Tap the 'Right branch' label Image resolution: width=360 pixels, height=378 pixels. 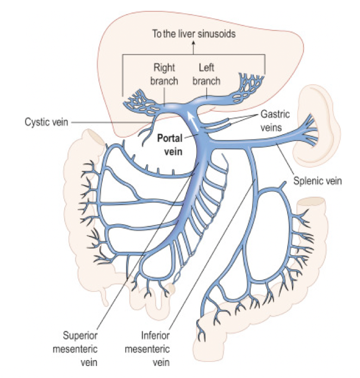tap(164, 75)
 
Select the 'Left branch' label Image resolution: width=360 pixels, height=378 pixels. tap(207, 75)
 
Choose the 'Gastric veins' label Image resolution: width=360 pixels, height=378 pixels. tap(275, 121)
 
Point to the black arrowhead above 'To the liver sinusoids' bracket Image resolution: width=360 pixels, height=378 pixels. tap(194, 47)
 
